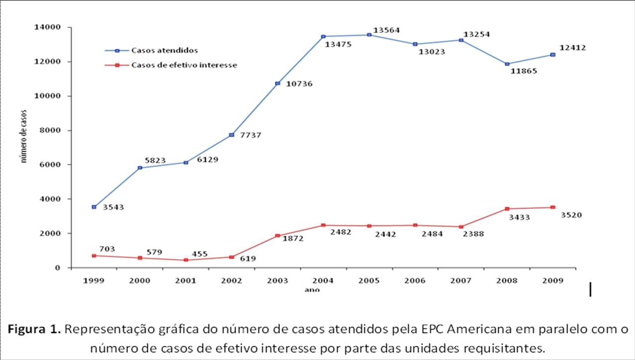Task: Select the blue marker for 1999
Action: coord(94,207)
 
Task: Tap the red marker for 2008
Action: coord(507,209)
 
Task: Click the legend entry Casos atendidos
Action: coord(165,50)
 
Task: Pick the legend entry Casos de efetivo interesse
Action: coord(184,65)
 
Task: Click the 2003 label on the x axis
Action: coord(277,281)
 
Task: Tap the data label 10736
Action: coord(299,84)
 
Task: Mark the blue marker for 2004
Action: coord(323,36)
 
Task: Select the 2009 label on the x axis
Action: coord(552,281)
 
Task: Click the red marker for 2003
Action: coord(277,236)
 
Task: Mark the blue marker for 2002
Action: coord(231,135)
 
